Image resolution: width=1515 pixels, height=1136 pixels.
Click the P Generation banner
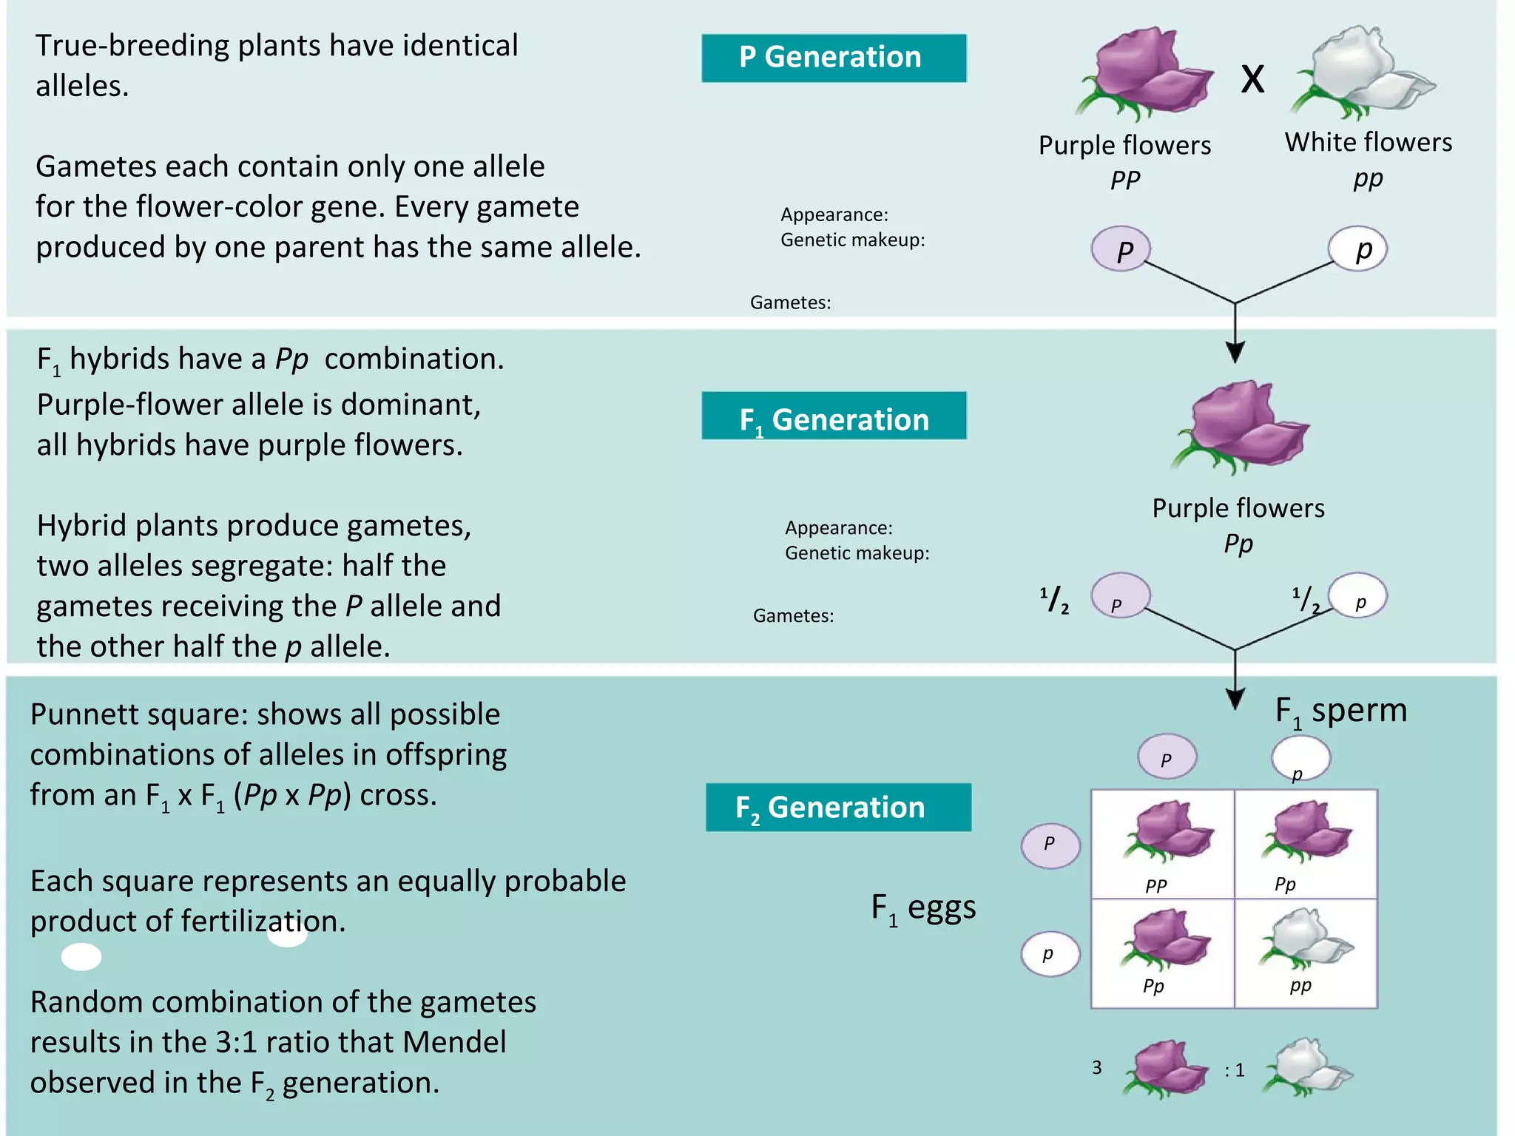click(834, 58)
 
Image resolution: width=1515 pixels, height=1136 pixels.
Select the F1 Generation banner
click(834, 417)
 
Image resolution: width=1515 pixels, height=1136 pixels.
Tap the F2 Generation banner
click(838, 807)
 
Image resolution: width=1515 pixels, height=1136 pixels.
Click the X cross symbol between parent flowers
click(1252, 79)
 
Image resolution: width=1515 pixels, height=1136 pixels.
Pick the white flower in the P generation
click(1361, 72)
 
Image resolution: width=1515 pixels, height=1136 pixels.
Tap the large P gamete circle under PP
click(1121, 249)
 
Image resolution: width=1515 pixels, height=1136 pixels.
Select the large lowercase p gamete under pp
click(1358, 249)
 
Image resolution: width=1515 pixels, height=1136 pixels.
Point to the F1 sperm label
click(1340, 711)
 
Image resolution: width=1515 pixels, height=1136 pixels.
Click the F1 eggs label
click(923, 908)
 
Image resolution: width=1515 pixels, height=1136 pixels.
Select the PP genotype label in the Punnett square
click(1155, 885)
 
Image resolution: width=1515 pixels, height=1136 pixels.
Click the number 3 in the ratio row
click(1097, 1067)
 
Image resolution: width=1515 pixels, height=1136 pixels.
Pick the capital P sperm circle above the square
click(1167, 757)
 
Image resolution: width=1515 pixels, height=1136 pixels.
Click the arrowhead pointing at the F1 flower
click(1235, 351)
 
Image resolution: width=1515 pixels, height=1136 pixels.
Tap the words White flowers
click(1368, 142)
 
